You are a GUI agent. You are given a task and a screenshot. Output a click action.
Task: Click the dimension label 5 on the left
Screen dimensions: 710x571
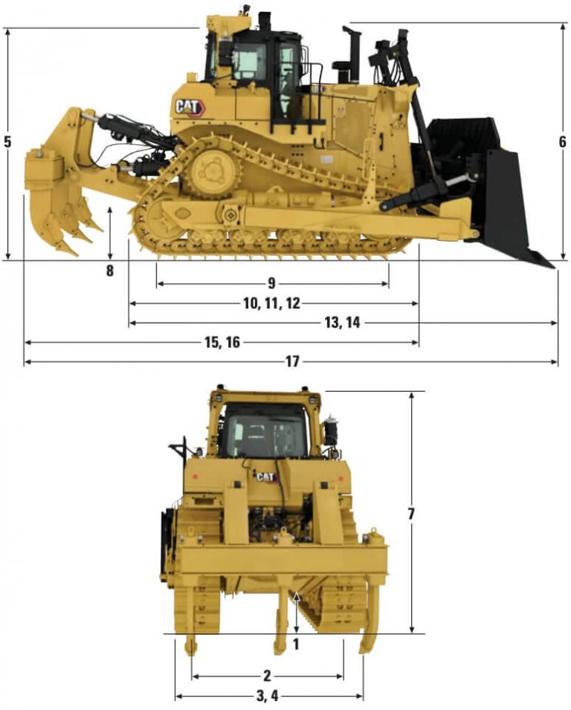[7, 141]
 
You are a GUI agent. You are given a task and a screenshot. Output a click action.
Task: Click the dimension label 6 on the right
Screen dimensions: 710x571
[563, 141]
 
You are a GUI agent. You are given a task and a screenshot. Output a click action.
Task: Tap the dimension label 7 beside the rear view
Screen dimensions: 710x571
[411, 513]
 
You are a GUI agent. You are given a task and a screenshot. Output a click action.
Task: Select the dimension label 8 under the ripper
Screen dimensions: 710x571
[110, 271]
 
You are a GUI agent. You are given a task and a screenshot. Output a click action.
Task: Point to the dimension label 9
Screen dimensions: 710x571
[271, 283]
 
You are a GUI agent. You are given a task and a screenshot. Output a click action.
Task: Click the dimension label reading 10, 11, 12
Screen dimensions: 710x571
[271, 303]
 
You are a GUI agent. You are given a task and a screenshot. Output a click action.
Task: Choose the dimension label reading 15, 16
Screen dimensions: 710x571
[222, 342]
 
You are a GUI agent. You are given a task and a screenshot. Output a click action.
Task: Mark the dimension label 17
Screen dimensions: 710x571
[291, 361]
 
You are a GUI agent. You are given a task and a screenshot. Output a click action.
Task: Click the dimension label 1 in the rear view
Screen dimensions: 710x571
[296, 644]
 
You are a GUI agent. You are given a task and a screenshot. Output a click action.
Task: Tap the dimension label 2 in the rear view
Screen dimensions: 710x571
[267, 676]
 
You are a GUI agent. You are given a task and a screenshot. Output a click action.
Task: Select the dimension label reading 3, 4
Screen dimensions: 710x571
[267, 696]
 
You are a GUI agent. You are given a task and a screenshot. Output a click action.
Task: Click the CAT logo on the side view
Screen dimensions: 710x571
[189, 107]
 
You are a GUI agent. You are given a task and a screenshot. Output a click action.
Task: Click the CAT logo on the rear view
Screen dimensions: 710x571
[265, 477]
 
